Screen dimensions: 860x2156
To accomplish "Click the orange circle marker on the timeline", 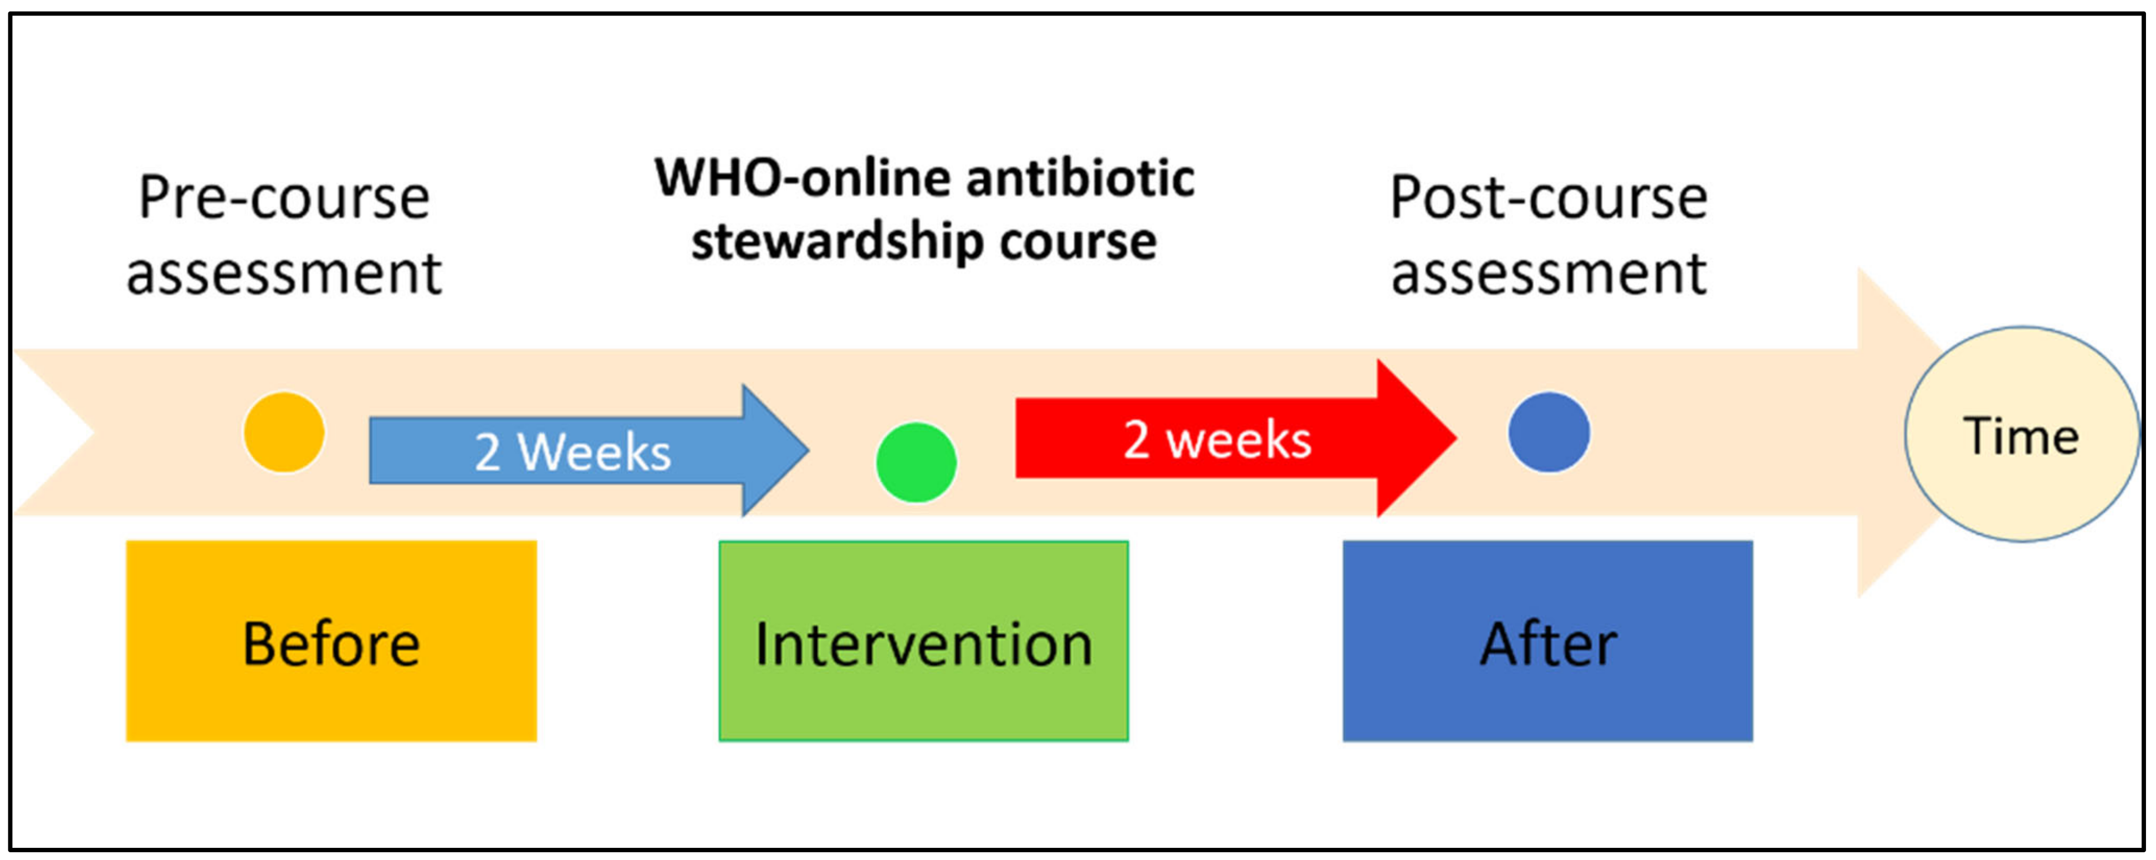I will tap(284, 432).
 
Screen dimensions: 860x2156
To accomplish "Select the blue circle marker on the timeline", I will tap(1549, 432).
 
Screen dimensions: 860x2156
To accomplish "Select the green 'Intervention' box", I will tap(923, 641).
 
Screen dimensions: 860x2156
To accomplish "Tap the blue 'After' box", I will tap(1547, 641).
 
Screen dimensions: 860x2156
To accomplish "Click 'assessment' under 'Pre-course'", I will tap(284, 274).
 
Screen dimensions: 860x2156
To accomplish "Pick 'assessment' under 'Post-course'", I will tap(1549, 274).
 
